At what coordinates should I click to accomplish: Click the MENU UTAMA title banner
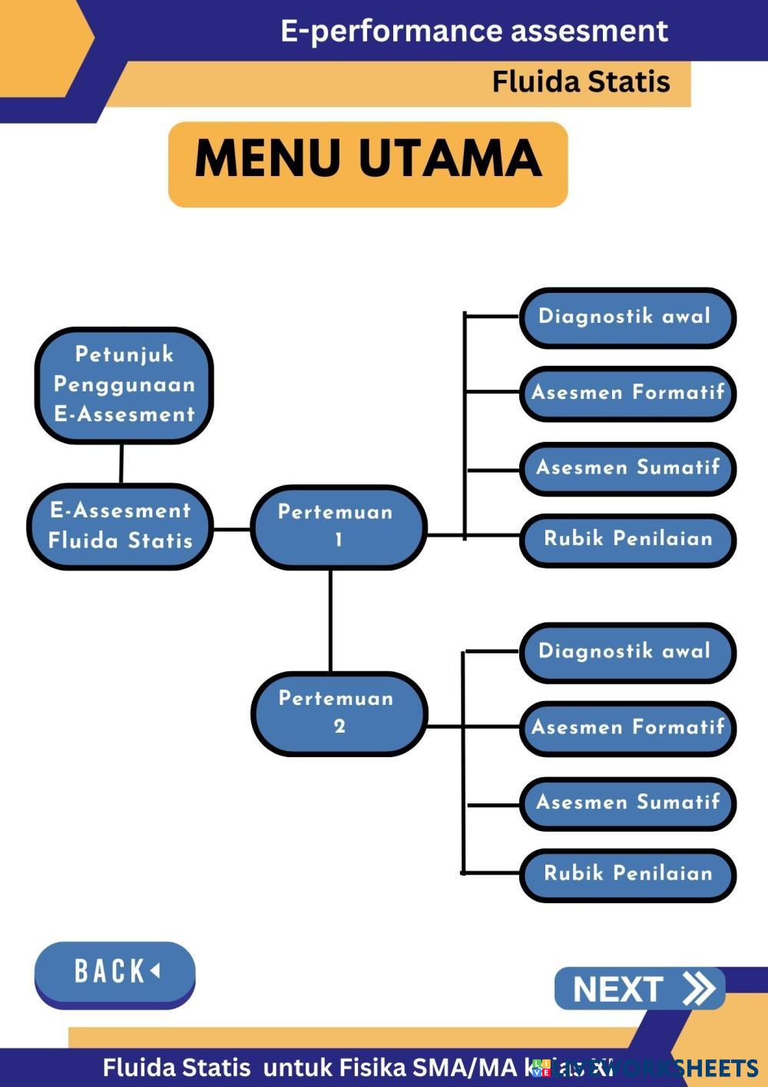(x=368, y=164)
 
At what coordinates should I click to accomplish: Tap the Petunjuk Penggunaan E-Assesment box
(x=124, y=385)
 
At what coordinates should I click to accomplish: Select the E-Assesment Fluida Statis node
(x=121, y=527)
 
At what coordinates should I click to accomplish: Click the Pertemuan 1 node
(x=337, y=527)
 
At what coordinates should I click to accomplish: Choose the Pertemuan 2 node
(x=338, y=713)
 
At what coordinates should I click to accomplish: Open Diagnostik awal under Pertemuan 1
(x=627, y=317)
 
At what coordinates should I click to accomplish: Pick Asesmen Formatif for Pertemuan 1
(x=627, y=393)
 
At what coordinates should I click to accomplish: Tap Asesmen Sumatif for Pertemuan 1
(x=627, y=468)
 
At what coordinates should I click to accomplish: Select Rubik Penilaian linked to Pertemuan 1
(x=627, y=539)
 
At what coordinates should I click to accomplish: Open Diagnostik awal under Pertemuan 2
(x=627, y=652)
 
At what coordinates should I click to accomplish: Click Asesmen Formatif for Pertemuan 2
(x=627, y=727)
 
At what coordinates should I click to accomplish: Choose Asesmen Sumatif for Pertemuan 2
(x=627, y=803)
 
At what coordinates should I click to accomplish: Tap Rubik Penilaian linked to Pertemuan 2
(x=627, y=874)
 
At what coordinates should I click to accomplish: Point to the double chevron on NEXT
(x=698, y=989)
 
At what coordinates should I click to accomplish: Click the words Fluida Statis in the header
(x=581, y=81)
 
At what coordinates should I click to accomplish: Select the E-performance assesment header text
(x=474, y=31)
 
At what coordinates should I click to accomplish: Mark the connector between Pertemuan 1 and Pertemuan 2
(x=330, y=621)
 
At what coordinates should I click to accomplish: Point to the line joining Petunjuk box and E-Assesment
(x=121, y=464)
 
